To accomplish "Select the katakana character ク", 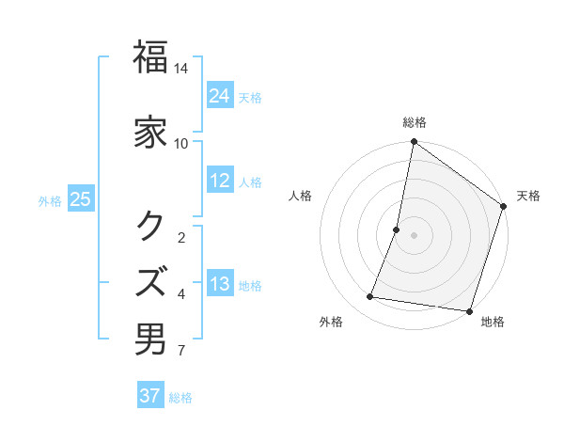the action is click(151, 225).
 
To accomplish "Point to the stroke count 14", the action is click(181, 69).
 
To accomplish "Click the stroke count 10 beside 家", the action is click(181, 143).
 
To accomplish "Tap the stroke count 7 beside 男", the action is click(181, 352).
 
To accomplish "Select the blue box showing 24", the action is click(220, 95).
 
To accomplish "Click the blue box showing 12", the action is click(220, 181).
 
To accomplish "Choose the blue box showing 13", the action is click(220, 284).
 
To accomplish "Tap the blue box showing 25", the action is click(81, 199).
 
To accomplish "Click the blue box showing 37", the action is click(150, 396).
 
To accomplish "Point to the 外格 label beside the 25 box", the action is click(50, 200).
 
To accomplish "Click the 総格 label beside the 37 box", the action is click(180, 398).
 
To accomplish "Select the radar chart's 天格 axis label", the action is click(528, 196).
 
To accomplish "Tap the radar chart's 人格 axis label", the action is click(301, 196).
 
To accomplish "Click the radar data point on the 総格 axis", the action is click(414, 142).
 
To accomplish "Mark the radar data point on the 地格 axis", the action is click(469, 310).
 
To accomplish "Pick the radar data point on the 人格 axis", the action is click(397, 229).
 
